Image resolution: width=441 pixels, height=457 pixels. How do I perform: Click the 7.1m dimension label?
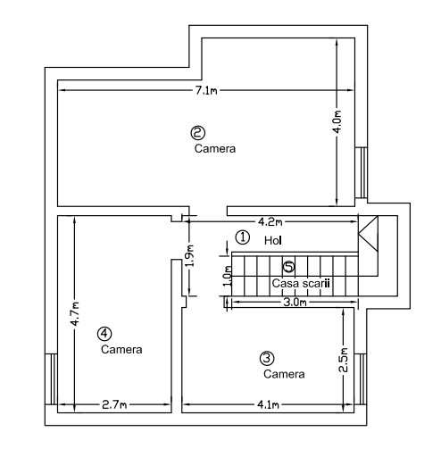(x=206, y=90)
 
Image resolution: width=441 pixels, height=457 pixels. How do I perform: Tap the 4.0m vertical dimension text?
(x=337, y=122)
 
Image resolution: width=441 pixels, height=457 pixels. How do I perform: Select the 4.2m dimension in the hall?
(x=270, y=221)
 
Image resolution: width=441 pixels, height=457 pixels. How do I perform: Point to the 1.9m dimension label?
(x=190, y=256)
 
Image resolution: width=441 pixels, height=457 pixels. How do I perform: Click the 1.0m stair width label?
(x=228, y=276)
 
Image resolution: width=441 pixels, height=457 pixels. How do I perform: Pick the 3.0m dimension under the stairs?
(x=295, y=303)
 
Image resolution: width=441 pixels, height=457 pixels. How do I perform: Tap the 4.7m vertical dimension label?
(x=75, y=313)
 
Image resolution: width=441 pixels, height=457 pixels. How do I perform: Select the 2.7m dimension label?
(x=114, y=404)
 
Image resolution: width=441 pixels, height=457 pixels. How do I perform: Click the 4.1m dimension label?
(x=268, y=404)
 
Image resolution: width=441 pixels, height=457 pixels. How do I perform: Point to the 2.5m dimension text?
(x=343, y=360)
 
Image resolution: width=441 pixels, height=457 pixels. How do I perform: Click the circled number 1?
(x=243, y=237)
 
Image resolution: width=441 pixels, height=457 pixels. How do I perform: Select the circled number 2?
(x=198, y=133)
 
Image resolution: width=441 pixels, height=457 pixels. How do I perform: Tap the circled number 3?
(x=267, y=358)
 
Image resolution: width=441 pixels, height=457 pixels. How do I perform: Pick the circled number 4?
(x=104, y=334)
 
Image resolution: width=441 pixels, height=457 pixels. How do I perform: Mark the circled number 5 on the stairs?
(x=288, y=267)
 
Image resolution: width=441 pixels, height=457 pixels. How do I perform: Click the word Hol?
(x=273, y=240)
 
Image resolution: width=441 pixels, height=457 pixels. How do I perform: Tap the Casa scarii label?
(x=301, y=283)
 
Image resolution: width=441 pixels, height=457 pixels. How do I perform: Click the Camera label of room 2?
(x=215, y=148)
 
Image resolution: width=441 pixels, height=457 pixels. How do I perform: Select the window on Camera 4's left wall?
(x=51, y=379)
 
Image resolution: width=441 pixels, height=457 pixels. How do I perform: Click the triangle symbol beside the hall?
(x=368, y=234)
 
